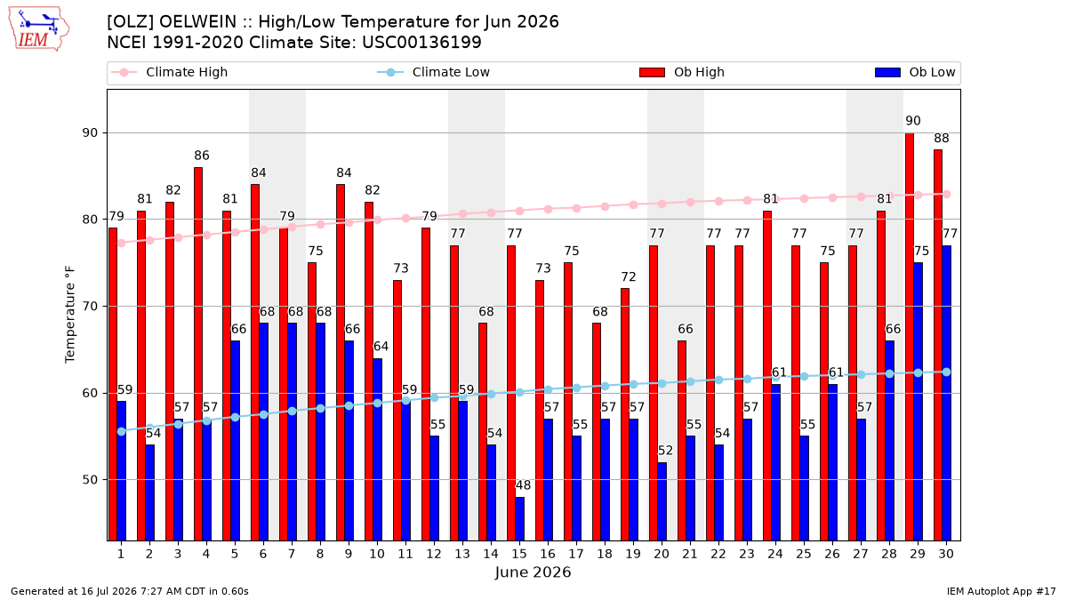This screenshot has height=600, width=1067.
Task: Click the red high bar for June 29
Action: (x=910, y=337)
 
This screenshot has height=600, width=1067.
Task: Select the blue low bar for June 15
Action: (x=519, y=518)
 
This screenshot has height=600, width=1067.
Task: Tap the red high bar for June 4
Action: (x=198, y=354)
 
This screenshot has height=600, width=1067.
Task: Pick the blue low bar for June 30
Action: (x=946, y=393)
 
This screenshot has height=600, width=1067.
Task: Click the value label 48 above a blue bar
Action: (x=523, y=485)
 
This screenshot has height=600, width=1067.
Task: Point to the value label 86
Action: (x=202, y=156)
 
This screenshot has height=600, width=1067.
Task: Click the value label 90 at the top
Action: (x=913, y=121)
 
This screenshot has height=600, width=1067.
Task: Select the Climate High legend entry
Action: (x=170, y=72)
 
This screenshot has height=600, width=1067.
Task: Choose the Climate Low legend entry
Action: (x=434, y=72)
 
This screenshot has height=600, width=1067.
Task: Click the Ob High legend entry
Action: (x=682, y=72)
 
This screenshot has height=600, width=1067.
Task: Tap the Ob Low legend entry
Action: (x=915, y=72)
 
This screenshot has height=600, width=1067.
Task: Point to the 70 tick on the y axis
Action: (x=90, y=306)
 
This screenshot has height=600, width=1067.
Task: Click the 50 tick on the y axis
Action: (x=90, y=479)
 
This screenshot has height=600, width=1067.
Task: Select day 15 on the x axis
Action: (x=519, y=554)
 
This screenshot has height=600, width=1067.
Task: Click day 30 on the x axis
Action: (x=946, y=554)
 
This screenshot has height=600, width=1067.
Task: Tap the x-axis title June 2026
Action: (x=533, y=572)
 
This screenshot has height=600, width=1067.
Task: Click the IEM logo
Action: (x=38, y=29)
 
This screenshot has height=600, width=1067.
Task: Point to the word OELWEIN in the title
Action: (x=197, y=22)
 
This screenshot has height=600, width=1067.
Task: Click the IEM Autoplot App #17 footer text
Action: (x=1001, y=591)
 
